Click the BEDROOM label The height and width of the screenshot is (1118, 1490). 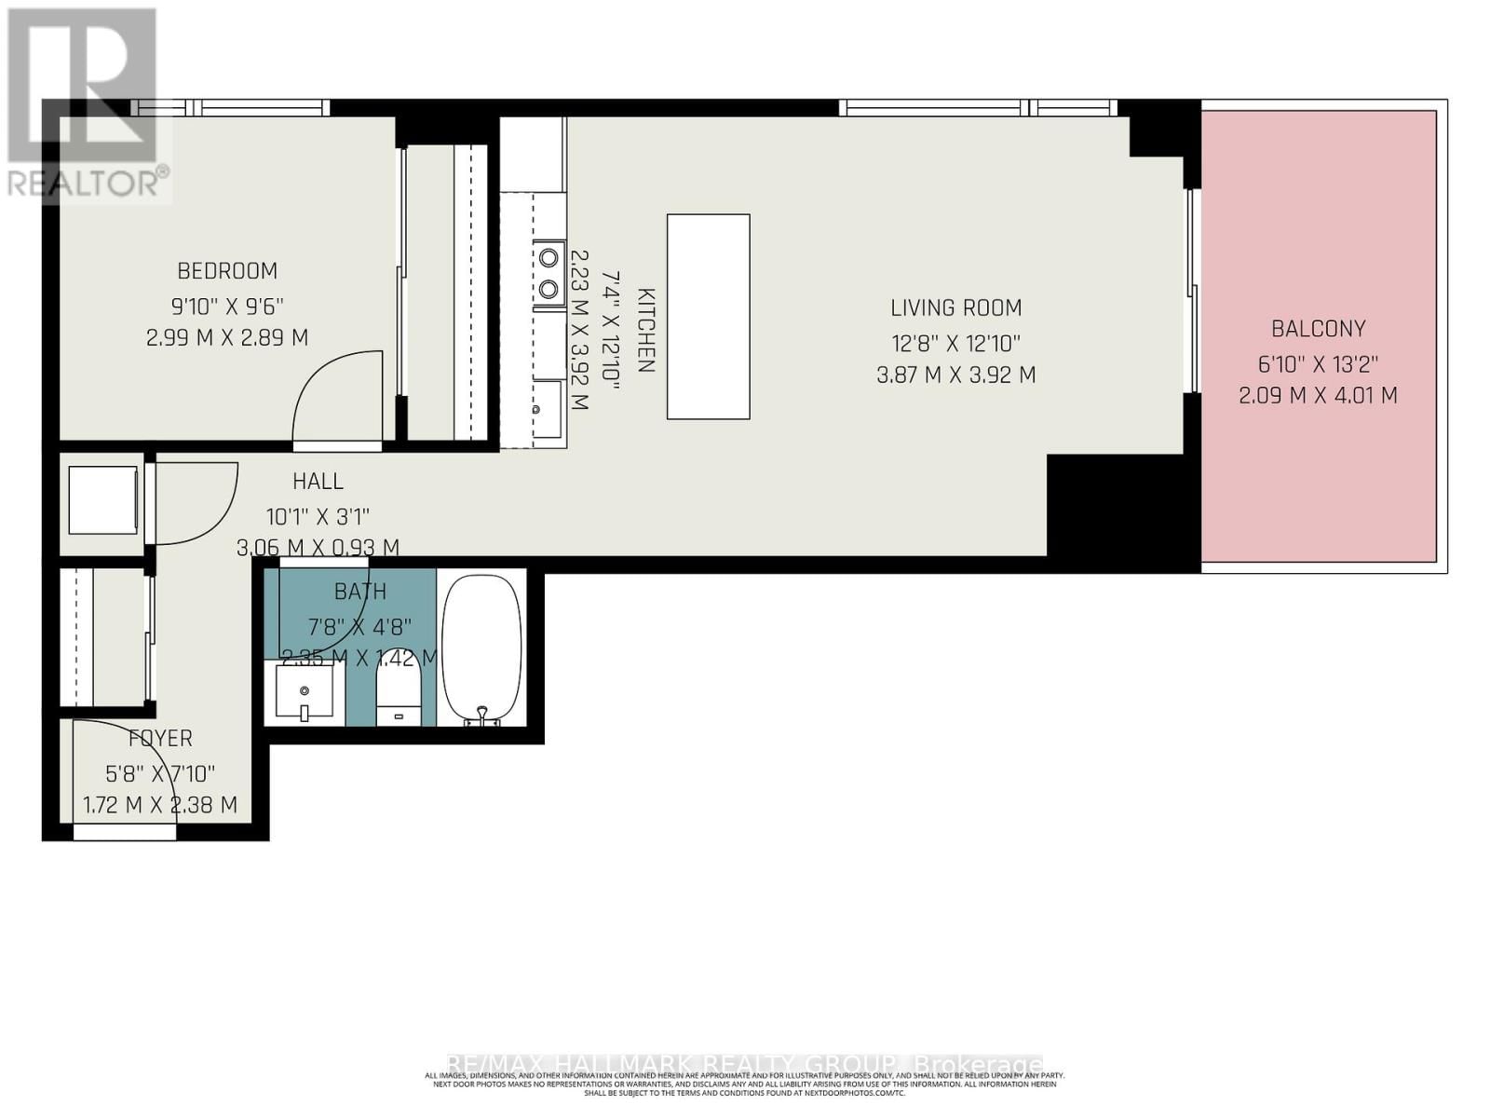227,271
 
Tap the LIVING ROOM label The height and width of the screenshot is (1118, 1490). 955,307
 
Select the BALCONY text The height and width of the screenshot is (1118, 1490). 1318,329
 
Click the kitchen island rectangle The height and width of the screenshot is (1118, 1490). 708,317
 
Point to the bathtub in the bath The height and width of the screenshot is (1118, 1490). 481,650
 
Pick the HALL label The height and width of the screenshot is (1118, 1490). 318,482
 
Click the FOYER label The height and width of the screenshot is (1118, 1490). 160,739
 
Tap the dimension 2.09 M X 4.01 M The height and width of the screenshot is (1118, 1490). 1318,396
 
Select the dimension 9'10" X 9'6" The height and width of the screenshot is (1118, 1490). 227,306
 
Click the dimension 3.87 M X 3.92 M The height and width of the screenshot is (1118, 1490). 955,375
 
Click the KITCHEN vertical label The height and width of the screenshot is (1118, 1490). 645,331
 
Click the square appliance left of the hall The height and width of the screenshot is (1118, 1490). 102,500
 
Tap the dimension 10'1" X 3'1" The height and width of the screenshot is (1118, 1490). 318,515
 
